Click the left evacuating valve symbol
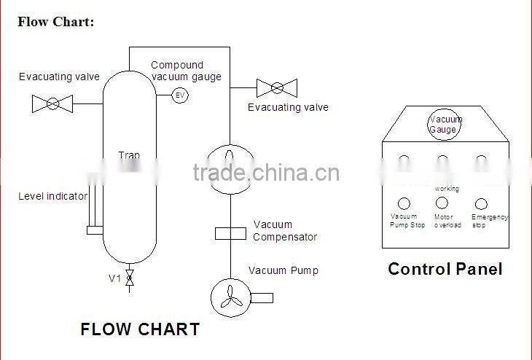click(52, 104)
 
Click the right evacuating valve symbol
click(277, 89)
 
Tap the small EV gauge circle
click(180, 95)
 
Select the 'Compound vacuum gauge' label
click(186, 71)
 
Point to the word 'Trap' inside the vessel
click(129, 155)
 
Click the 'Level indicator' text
click(52, 196)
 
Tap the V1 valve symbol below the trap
click(130, 278)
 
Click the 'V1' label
click(114, 278)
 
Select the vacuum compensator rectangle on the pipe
click(230, 233)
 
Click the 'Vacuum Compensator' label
click(285, 231)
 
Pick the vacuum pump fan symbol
click(230, 297)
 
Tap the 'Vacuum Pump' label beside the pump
click(283, 270)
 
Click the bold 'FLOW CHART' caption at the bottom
click(140, 329)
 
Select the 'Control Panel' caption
click(445, 269)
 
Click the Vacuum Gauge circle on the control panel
click(445, 123)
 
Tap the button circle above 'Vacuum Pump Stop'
click(404, 204)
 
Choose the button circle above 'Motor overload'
click(442, 203)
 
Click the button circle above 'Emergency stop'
click(481, 204)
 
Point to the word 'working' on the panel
click(447, 189)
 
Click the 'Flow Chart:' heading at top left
click(56, 22)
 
